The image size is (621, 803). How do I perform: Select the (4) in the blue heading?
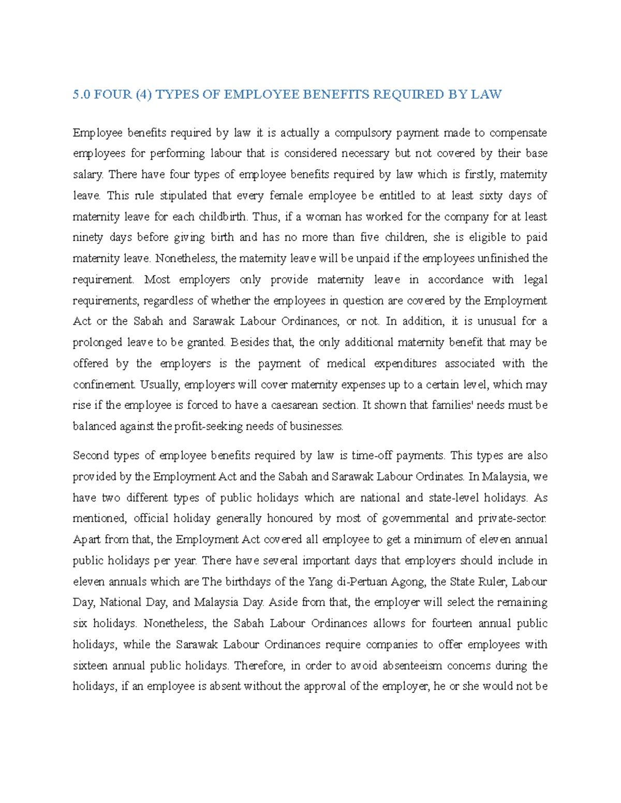coord(142,95)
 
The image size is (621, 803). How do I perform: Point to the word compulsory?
coord(363,133)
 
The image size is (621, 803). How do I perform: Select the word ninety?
coord(87,238)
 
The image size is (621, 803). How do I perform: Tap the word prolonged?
coord(97,342)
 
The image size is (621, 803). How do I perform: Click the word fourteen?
coord(452,624)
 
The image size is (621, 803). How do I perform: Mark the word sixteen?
coord(90,665)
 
